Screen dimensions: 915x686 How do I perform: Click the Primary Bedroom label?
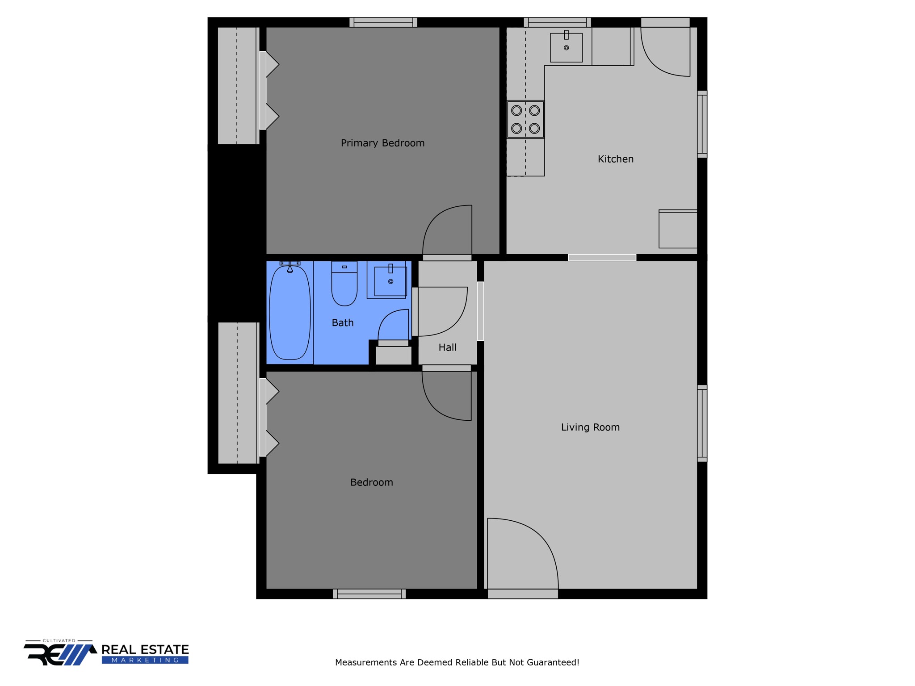click(382, 143)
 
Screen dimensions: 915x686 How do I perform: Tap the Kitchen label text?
click(616, 159)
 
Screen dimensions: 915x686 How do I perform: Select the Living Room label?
click(590, 427)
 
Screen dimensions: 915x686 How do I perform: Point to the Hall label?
click(447, 347)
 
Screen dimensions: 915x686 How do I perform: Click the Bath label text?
click(343, 323)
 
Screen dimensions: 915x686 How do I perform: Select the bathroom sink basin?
click(390, 281)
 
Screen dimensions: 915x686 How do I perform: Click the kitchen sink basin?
click(566, 47)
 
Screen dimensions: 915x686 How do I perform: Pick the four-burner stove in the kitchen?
click(525, 119)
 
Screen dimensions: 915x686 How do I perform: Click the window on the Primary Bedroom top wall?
click(383, 22)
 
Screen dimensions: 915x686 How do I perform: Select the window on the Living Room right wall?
click(702, 423)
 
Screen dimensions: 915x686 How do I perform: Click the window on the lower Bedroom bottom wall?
click(369, 594)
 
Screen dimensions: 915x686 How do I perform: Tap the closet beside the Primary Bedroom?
click(238, 86)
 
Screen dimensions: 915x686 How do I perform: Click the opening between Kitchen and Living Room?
click(602, 258)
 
